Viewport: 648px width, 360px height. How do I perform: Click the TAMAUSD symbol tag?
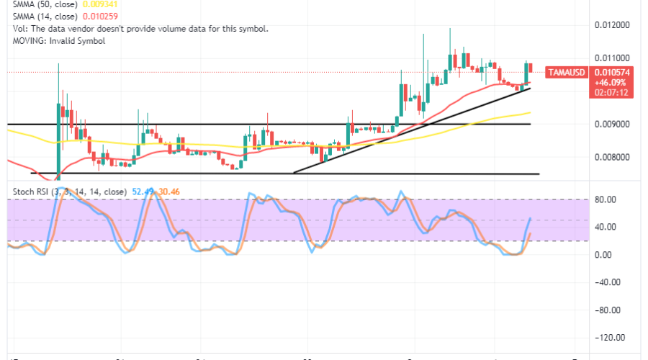point(567,72)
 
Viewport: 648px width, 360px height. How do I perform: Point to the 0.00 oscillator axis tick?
point(613,254)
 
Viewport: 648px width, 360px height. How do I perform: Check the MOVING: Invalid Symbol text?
point(59,41)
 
